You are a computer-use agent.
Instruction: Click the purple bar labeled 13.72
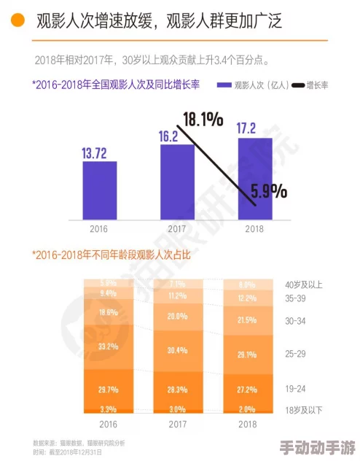click(99, 189)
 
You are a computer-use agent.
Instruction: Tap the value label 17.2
click(246, 128)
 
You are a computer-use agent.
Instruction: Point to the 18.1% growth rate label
click(203, 119)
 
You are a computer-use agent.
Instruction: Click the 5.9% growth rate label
click(268, 192)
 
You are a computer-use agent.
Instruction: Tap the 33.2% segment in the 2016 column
click(109, 346)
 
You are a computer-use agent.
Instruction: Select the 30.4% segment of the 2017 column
click(177, 350)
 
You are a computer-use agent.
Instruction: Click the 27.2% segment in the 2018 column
click(246, 390)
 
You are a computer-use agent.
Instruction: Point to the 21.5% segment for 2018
click(246, 320)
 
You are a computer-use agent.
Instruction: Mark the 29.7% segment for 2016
click(109, 390)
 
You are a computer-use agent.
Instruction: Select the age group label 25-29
click(297, 354)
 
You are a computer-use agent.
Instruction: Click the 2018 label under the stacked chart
click(246, 424)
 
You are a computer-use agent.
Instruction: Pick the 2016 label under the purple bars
click(99, 228)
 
